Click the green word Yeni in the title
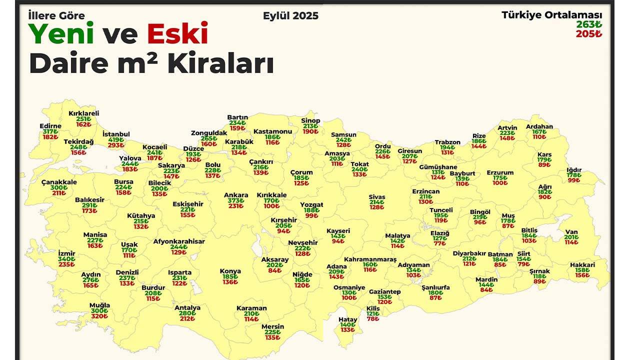click(x=61, y=34)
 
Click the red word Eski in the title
click(x=177, y=34)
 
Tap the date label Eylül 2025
click(x=290, y=15)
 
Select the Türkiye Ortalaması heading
click(x=552, y=15)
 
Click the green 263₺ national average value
click(x=589, y=24)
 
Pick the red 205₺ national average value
click(x=589, y=34)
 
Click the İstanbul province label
click(x=116, y=134)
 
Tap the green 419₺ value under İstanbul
click(x=116, y=140)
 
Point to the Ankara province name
click(x=236, y=195)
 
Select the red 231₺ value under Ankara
click(x=236, y=206)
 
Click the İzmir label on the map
click(x=66, y=253)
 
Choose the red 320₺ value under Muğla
click(x=99, y=316)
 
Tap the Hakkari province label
click(x=582, y=265)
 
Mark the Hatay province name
click(x=348, y=319)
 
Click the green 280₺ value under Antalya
click(x=187, y=313)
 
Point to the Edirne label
click(x=50, y=126)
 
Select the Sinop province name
click(x=310, y=120)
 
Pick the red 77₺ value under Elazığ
click(x=440, y=243)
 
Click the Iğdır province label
click(x=574, y=170)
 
